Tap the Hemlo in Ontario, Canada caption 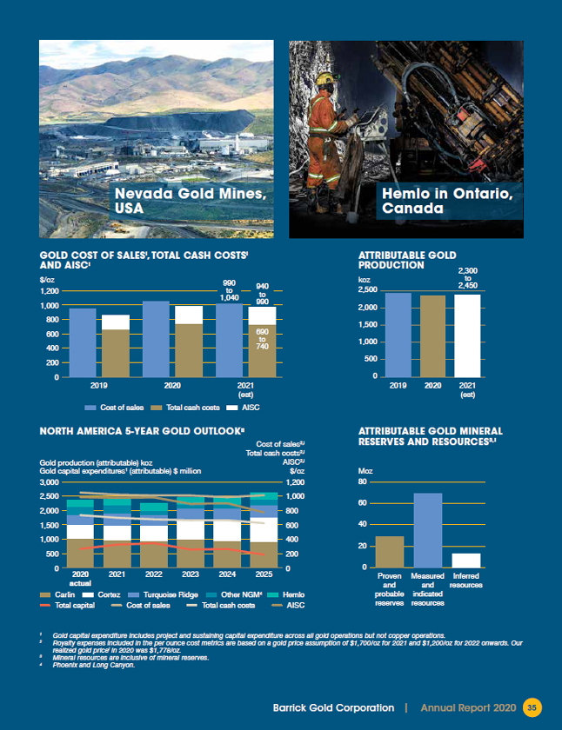pyautogui.click(x=449, y=201)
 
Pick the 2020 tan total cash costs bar pyautogui.click(x=188, y=350)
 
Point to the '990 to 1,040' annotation pyautogui.click(x=230, y=289)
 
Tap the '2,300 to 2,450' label pyautogui.click(x=467, y=279)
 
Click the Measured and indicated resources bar pyautogui.click(x=427, y=530)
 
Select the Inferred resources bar pyautogui.click(x=466, y=561)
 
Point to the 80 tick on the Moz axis pyautogui.click(x=364, y=482)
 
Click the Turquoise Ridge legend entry pyautogui.click(x=157, y=594)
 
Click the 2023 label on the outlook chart pyautogui.click(x=192, y=574)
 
